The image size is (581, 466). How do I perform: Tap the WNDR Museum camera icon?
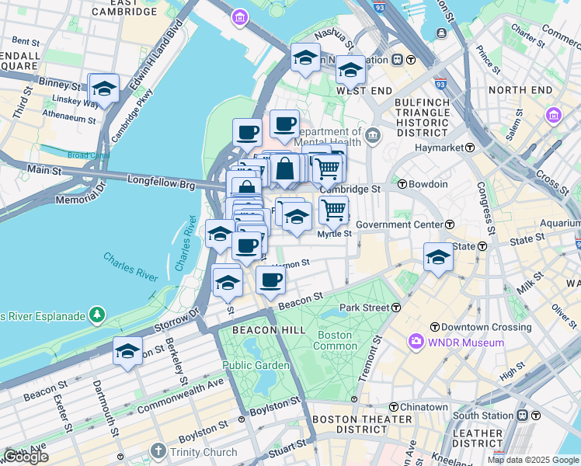[x=416, y=342]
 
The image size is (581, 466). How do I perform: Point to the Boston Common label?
[x=333, y=340]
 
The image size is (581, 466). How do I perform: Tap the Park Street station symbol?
[x=396, y=308]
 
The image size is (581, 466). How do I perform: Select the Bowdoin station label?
[x=429, y=184]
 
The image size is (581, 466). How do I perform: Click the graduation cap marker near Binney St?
[x=103, y=91]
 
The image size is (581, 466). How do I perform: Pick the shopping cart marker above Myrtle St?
[x=333, y=209]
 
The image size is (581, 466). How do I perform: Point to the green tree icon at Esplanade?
[x=97, y=315]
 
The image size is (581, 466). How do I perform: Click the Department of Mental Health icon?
[x=373, y=137]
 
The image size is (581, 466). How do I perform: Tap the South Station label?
[x=490, y=416]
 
